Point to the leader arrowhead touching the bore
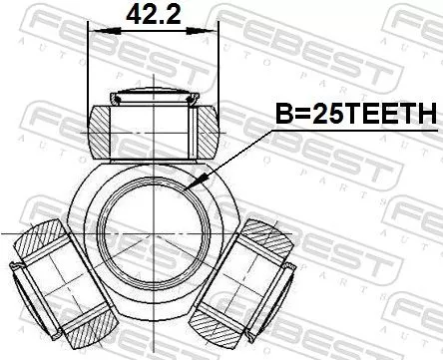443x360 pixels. click(204, 182)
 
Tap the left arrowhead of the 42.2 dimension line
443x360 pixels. click(95, 31)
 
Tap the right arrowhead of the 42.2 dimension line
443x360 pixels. click(218, 31)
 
